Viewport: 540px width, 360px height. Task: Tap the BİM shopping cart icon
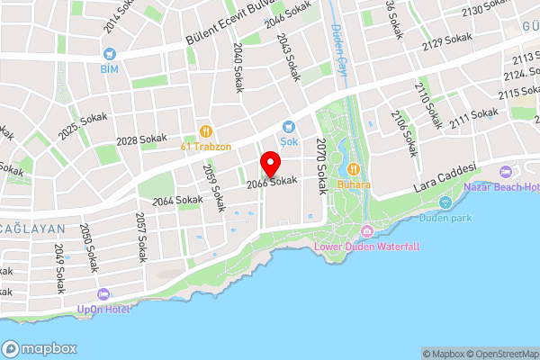(110, 54)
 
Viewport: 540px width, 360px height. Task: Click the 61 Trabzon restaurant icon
(206, 130)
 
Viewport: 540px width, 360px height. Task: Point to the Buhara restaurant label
(354, 184)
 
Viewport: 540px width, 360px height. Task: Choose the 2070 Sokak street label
(321, 166)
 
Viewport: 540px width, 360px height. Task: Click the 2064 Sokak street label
(176, 200)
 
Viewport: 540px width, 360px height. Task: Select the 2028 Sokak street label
(141, 139)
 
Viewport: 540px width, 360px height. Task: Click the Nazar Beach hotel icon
(503, 171)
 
